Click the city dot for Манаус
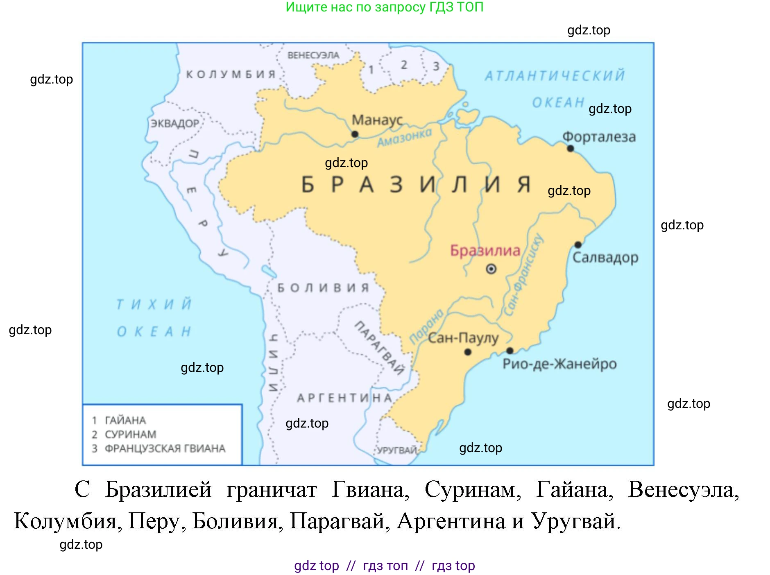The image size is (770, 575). coord(355,134)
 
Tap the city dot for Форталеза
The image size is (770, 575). coord(571,148)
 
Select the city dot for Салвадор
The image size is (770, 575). coord(577,244)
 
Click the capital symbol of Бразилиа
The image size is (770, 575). coord(491,269)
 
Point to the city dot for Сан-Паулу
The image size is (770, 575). coord(468,352)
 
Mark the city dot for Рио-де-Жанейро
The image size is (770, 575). coord(510,351)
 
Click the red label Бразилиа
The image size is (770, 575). coord(485,250)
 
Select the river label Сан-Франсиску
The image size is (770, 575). coord(524,276)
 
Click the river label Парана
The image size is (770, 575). coord(426,326)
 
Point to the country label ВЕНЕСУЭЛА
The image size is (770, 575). coord(313,55)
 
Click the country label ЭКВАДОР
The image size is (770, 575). coord(175,123)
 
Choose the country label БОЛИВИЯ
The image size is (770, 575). coord(323,288)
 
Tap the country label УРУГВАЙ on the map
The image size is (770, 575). coord(396,450)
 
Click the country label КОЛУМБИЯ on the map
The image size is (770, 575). coord(231,74)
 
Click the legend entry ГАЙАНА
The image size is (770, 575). coord(125,420)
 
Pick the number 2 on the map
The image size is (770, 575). coord(404,65)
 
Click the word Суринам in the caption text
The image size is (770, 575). coord(473,489)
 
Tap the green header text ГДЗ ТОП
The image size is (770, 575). coord(456,7)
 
